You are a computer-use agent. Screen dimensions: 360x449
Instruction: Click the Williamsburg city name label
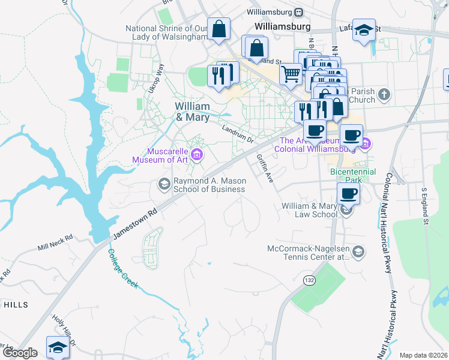282,27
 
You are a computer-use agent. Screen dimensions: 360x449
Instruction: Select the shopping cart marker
291,75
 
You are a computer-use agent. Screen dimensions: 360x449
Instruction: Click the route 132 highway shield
309,280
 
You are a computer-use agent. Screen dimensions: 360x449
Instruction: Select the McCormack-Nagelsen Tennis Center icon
359,251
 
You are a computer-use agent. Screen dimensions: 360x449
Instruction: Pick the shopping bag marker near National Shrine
219,29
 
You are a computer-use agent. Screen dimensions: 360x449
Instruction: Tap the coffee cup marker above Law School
348,194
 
